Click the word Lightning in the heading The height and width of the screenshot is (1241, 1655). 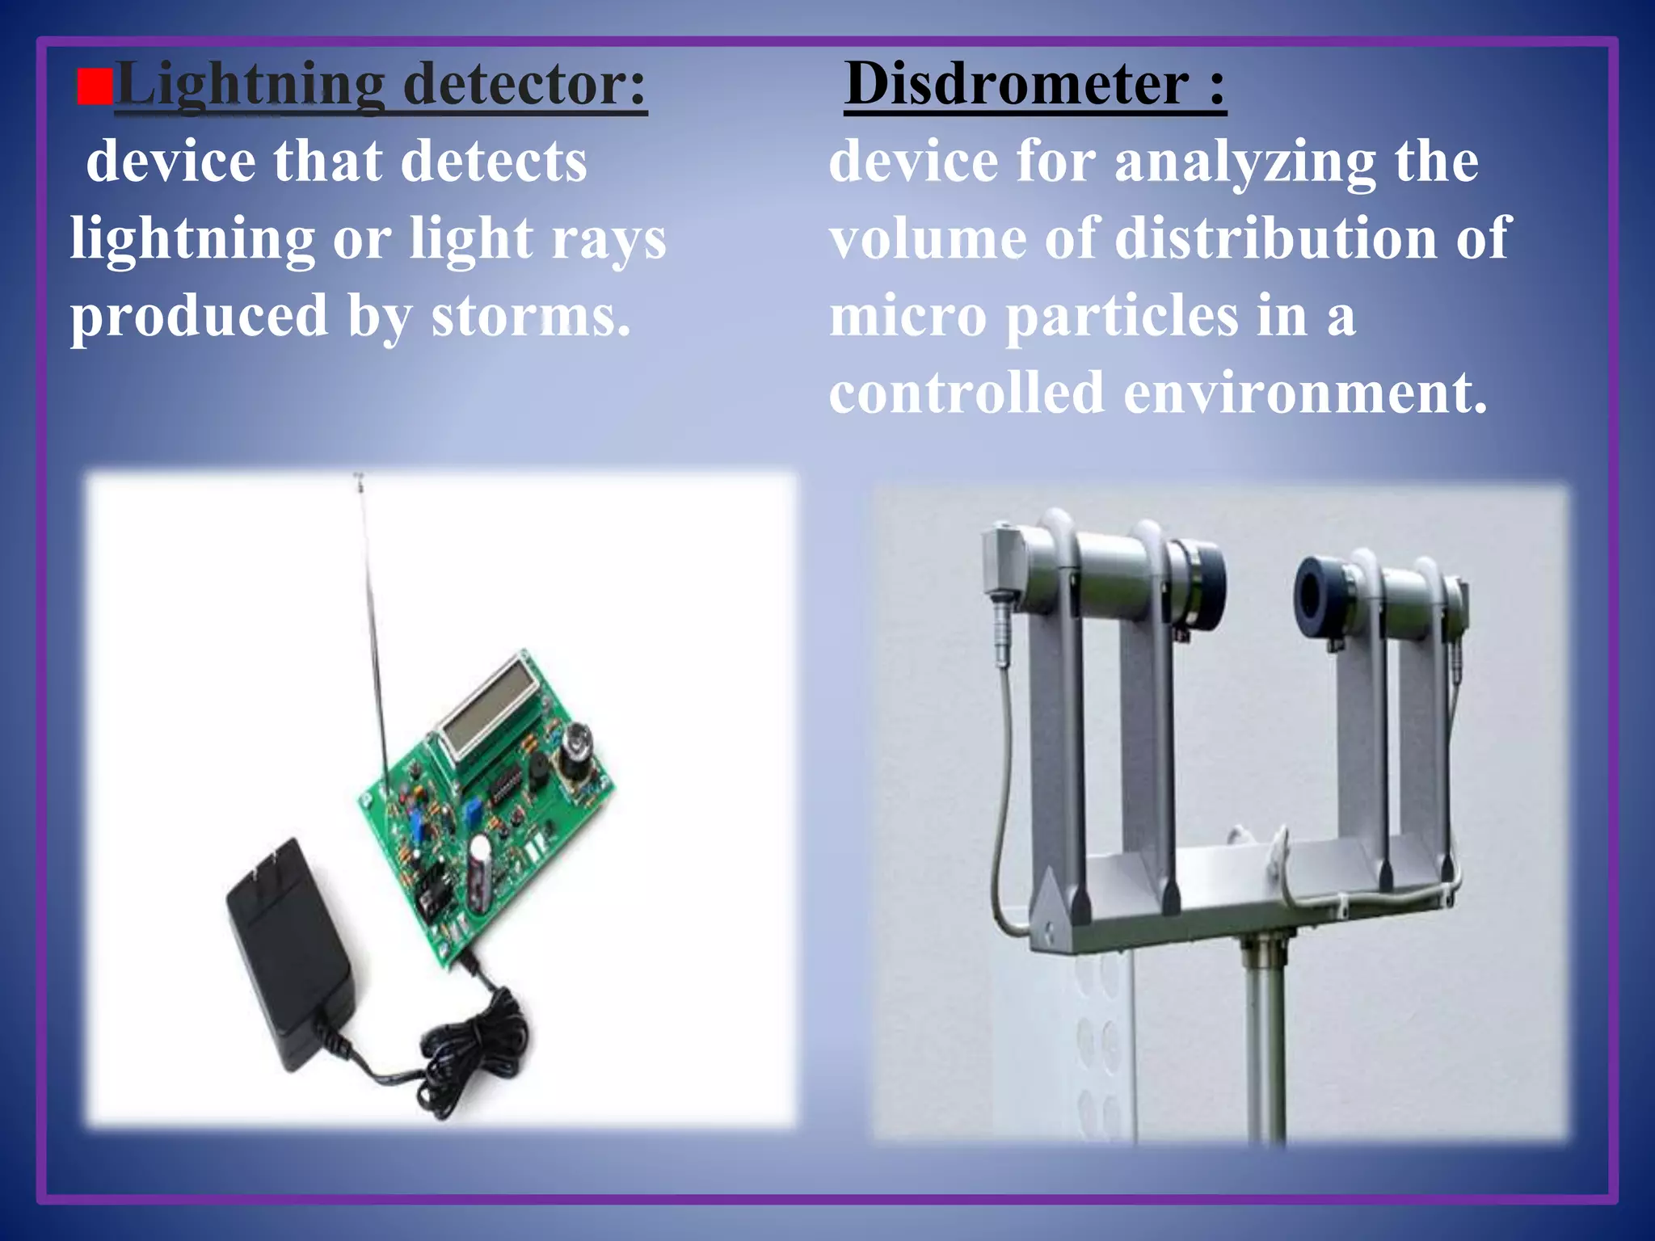(x=251, y=86)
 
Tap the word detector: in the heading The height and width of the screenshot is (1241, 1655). (x=525, y=84)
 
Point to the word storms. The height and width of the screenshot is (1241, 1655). (x=530, y=317)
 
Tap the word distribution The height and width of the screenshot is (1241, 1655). (x=1276, y=239)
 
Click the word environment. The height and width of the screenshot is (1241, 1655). (x=1305, y=393)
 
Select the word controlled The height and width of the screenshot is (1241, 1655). (x=966, y=393)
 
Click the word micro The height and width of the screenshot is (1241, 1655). (x=908, y=317)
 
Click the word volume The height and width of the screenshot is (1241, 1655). (x=928, y=239)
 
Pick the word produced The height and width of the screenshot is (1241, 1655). (x=199, y=317)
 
